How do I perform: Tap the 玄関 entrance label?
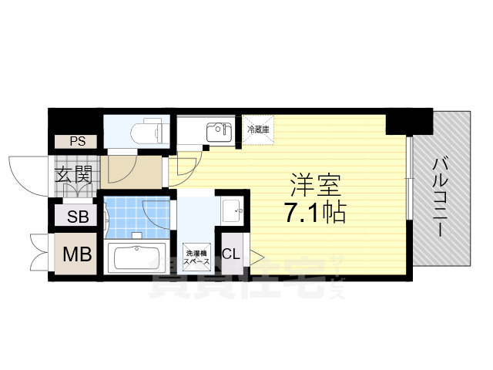click(x=73, y=174)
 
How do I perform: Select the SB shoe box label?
click(x=76, y=217)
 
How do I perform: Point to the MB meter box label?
click(x=76, y=254)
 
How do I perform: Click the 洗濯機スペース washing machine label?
click(x=194, y=257)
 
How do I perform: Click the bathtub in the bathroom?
click(x=136, y=257)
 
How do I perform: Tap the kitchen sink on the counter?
click(x=219, y=131)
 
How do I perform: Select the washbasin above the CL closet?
click(x=231, y=208)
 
